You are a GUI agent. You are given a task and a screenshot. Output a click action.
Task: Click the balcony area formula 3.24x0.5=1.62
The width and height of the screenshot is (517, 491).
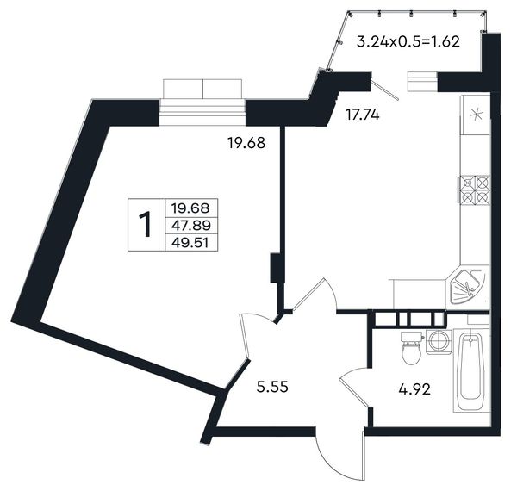tap(408, 42)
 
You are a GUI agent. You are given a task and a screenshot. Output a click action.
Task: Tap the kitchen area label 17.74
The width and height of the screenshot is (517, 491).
tap(363, 115)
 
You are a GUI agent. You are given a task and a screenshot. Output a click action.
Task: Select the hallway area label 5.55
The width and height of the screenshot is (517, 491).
tap(272, 386)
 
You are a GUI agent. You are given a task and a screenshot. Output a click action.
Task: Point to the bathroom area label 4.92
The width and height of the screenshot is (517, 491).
tap(414, 390)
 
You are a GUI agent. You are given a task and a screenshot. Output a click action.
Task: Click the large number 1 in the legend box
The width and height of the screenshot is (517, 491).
tap(145, 225)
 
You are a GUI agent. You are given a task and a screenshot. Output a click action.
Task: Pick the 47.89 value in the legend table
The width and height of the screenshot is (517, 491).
tap(191, 226)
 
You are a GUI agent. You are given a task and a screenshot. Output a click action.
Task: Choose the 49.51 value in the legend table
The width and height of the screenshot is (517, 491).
tap(190, 243)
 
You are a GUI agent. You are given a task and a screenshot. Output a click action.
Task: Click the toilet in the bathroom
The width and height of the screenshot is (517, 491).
tap(412, 348)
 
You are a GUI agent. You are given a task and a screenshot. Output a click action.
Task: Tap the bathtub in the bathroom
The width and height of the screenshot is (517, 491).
tap(470, 370)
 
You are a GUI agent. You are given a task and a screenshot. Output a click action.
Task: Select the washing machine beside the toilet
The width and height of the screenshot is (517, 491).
tap(439, 342)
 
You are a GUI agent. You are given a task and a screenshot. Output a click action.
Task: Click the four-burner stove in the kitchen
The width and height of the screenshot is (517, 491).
tap(474, 190)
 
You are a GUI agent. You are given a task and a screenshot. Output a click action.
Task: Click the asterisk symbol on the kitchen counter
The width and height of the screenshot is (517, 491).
tap(477, 115)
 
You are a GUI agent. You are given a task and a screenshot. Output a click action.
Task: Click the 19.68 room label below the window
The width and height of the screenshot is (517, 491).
tap(246, 143)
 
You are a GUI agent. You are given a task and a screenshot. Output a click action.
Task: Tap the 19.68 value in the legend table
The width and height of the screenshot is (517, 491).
tap(190, 208)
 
